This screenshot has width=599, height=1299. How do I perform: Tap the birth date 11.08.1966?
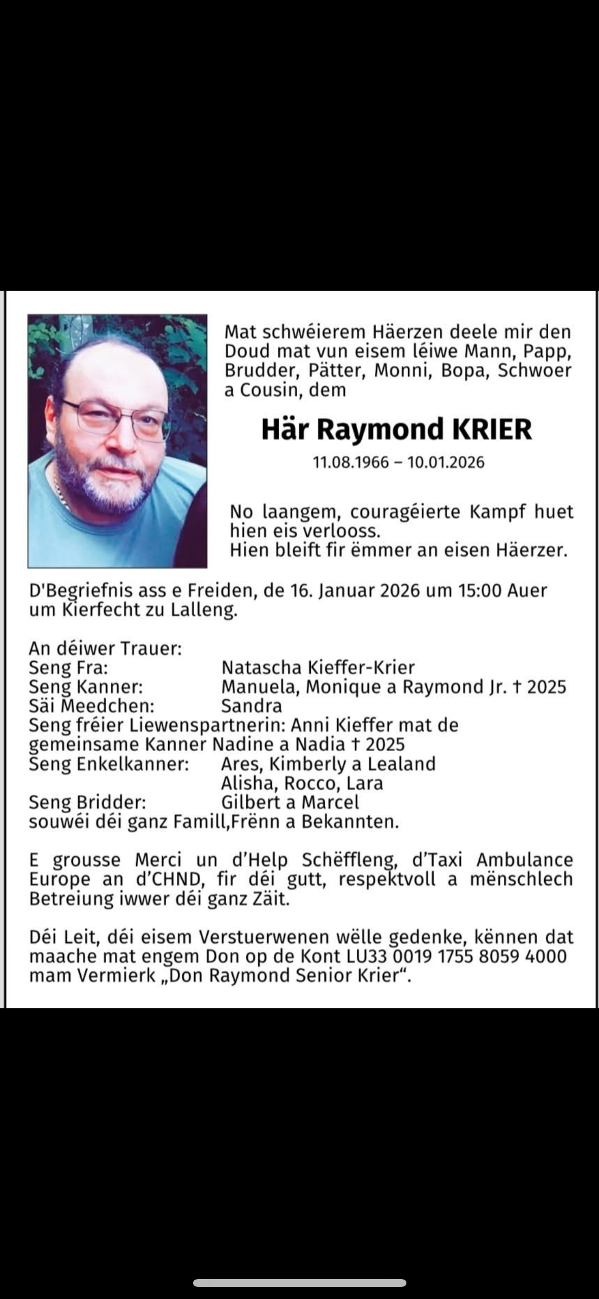point(351,462)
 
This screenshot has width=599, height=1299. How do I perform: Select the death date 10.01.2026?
point(446,462)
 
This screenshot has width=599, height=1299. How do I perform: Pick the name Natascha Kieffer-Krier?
point(318,667)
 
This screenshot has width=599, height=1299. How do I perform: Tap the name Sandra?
point(251,706)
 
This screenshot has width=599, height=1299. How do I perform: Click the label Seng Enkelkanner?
point(109,764)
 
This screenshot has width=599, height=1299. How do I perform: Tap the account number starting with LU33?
point(457,956)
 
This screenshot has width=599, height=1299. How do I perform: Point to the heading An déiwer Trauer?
point(105,648)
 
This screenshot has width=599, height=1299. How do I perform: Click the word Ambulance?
point(524,860)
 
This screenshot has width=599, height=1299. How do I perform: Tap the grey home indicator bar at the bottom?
point(299,1283)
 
